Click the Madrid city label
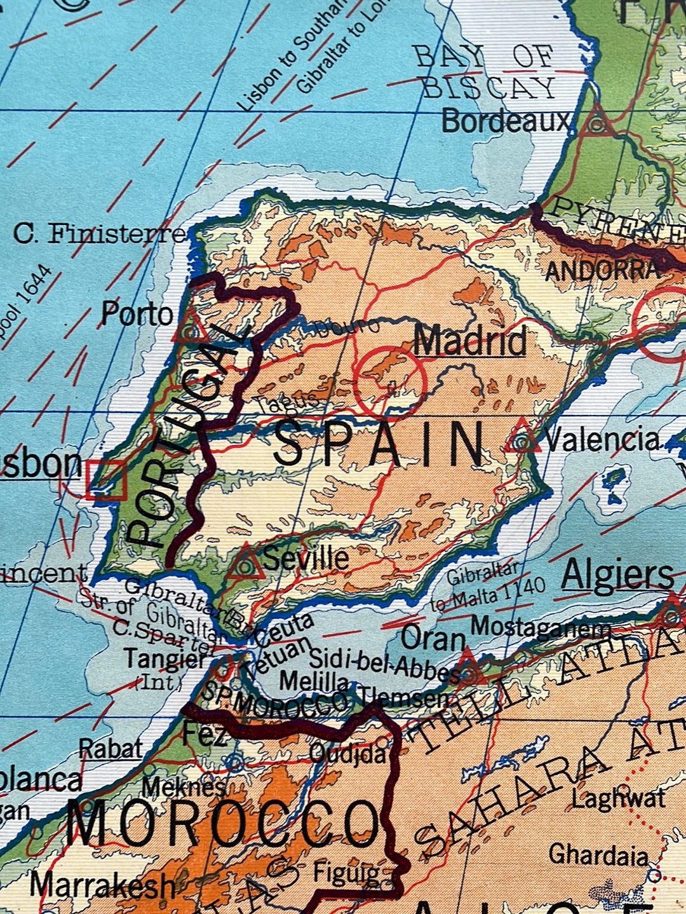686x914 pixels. click(470, 341)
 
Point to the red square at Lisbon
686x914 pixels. click(106, 480)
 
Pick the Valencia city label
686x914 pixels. click(602, 439)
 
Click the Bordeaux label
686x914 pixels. click(506, 120)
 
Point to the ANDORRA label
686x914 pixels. click(601, 271)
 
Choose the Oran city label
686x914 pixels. click(434, 638)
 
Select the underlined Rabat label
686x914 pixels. click(111, 749)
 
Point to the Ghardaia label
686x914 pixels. click(598, 854)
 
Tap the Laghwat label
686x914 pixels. click(618, 798)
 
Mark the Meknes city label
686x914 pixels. click(183, 787)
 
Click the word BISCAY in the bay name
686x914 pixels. click(489, 88)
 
